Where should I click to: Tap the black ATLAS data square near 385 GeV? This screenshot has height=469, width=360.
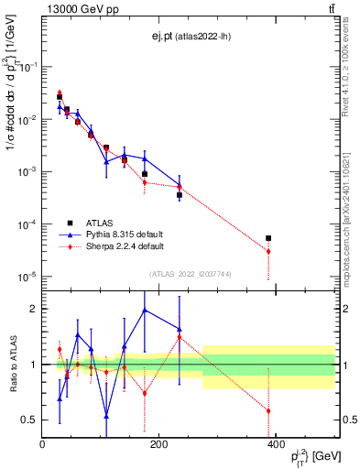tap(268, 238)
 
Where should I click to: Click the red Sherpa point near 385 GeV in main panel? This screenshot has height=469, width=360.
tap(268, 251)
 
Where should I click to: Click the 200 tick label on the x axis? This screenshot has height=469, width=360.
tap(159, 445)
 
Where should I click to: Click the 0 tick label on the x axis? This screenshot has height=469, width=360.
tap(43, 445)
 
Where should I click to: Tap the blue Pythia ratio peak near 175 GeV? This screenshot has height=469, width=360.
tap(145, 310)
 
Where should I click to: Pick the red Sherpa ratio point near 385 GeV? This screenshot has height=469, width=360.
tap(268, 410)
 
